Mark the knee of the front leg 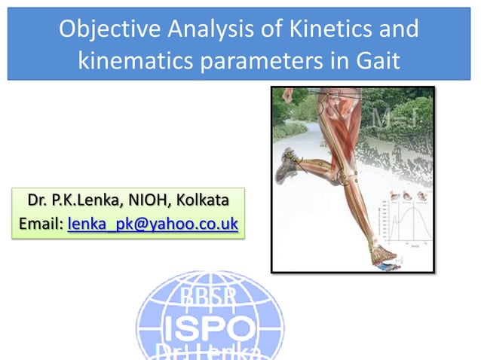[x=348, y=177]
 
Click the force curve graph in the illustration [x=407, y=221]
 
